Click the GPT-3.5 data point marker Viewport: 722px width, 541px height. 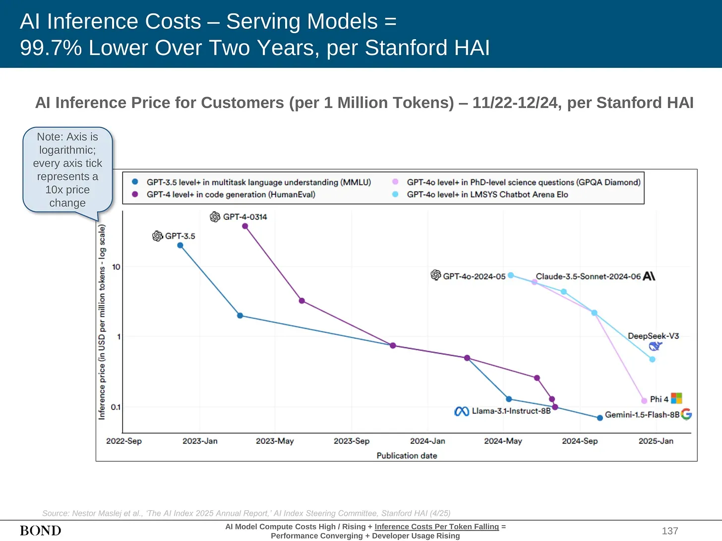[180, 245]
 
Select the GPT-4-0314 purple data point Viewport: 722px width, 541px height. [245, 226]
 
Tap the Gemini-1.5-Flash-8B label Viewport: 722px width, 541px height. [642, 415]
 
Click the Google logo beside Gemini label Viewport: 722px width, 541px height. [686, 414]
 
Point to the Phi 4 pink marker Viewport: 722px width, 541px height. [644, 401]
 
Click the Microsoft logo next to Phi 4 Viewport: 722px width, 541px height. [676, 398]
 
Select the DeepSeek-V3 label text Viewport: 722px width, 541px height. [653, 336]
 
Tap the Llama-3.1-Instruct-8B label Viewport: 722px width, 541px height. [511, 411]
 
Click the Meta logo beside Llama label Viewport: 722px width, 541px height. [462, 411]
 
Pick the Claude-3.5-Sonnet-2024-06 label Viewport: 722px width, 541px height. [588, 276]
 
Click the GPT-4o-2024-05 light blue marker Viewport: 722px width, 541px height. [511, 275]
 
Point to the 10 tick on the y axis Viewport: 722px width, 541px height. [116, 267]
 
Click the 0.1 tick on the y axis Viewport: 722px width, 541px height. [116, 407]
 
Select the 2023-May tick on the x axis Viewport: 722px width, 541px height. [275, 441]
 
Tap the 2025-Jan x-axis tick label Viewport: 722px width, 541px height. [656, 441]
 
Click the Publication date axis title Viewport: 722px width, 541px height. [407, 455]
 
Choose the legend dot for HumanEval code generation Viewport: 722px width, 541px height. [135, 194]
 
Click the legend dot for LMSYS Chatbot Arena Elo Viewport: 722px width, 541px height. [395, 194]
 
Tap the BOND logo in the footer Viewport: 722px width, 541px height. [41, 531]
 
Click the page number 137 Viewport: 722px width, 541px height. [670, 531]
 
